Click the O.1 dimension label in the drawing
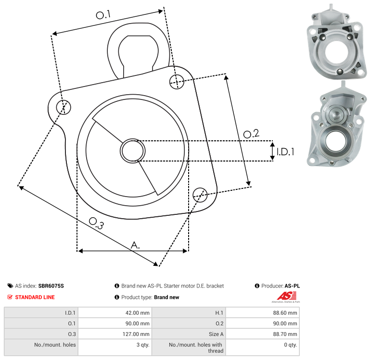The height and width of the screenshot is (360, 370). [103, 15]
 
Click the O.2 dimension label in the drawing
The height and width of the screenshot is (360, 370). [251, 134]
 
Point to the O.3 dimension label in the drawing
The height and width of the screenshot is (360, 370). [96, 223]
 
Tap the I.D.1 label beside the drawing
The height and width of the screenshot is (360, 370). [285, 152]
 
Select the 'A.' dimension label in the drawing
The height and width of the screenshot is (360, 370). [135, 245]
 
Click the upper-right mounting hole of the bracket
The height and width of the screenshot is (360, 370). [177, 82]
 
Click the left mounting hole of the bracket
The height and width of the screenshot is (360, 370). [64, 107]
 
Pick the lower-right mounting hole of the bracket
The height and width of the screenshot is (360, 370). [200, 195]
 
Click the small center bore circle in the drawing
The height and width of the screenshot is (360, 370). [133, 151]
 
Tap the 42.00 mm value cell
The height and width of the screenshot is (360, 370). [137, 313]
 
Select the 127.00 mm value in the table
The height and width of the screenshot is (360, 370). [136, 334]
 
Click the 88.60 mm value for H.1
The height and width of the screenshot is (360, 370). [285, 313]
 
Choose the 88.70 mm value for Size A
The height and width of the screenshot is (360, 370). [285, 334]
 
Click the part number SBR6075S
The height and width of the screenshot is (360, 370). [51, 286]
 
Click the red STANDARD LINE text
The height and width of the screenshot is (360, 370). [35, 298]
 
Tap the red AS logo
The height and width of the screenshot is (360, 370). [286, 296]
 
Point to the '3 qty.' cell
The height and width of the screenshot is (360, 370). [143, 345]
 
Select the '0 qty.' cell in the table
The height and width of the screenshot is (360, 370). [291, 345]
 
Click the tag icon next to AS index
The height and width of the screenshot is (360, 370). [10, 286]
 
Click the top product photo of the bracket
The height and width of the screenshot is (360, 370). [336, 41]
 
